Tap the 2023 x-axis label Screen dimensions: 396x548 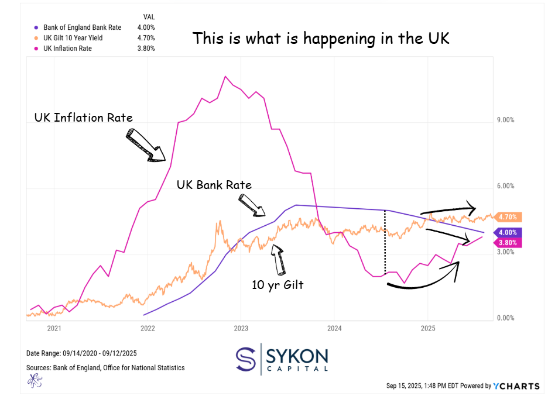pos(241,328)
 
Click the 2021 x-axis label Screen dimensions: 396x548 pos(54,328)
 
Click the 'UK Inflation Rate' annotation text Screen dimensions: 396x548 pos(84,118)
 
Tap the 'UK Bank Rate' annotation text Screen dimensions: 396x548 pos(214,185)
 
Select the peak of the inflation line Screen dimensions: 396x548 pos(225,76)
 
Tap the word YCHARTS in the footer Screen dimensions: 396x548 pos(515,386)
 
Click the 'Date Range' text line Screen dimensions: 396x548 pos(81,353)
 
